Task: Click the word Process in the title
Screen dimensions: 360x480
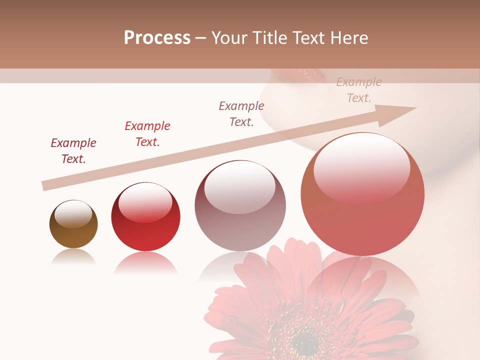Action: pyautogui.click(x=157, y=38)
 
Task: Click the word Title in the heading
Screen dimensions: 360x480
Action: pyautogui.click(x=273, y=38)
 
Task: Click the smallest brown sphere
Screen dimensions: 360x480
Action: pyautogui.click(x=73, y=224)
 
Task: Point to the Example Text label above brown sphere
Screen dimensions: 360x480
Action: pyautogui.click(x=73, y=151)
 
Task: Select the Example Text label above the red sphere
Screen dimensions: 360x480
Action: pyautogui.click(x=147, y=134)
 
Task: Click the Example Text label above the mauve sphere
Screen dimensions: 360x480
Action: pyautogui.click(x=241, y=114)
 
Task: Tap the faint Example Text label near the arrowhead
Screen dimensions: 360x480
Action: pyautogui.click(x=359, y=90)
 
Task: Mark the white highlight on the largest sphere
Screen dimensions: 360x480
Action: pyautogui.click(x=361, y=167)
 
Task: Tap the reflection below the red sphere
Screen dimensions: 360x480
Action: pyautogui.click(x=145, y=263)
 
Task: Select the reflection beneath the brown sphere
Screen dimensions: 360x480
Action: pyautogui.click(x=73, y=257)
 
